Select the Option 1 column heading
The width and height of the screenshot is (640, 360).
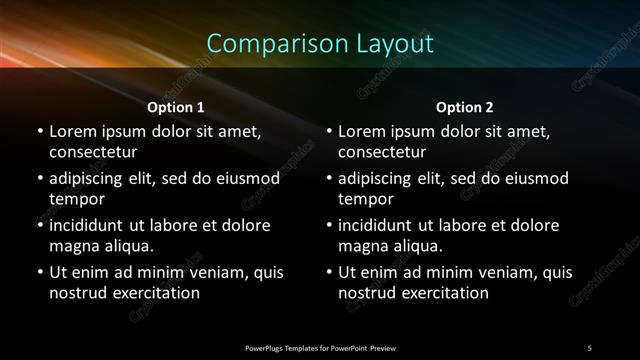[176, 107]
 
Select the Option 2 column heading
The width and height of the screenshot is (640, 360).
[465, 107]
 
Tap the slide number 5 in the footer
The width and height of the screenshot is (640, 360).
[589, 347]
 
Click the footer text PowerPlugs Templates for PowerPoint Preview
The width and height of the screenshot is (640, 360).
[320, 347]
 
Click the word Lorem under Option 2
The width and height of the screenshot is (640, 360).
[363, 131]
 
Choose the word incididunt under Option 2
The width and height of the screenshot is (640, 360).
[381, 225]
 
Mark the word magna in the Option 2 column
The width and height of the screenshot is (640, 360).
[364, 246]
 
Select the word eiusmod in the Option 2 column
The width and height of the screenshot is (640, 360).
[531, 178]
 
